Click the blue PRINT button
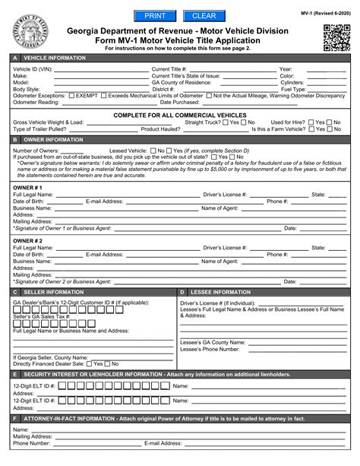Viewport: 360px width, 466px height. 154,15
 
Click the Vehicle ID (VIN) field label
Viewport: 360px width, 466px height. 31,68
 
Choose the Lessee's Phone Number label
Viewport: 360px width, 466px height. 212,349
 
